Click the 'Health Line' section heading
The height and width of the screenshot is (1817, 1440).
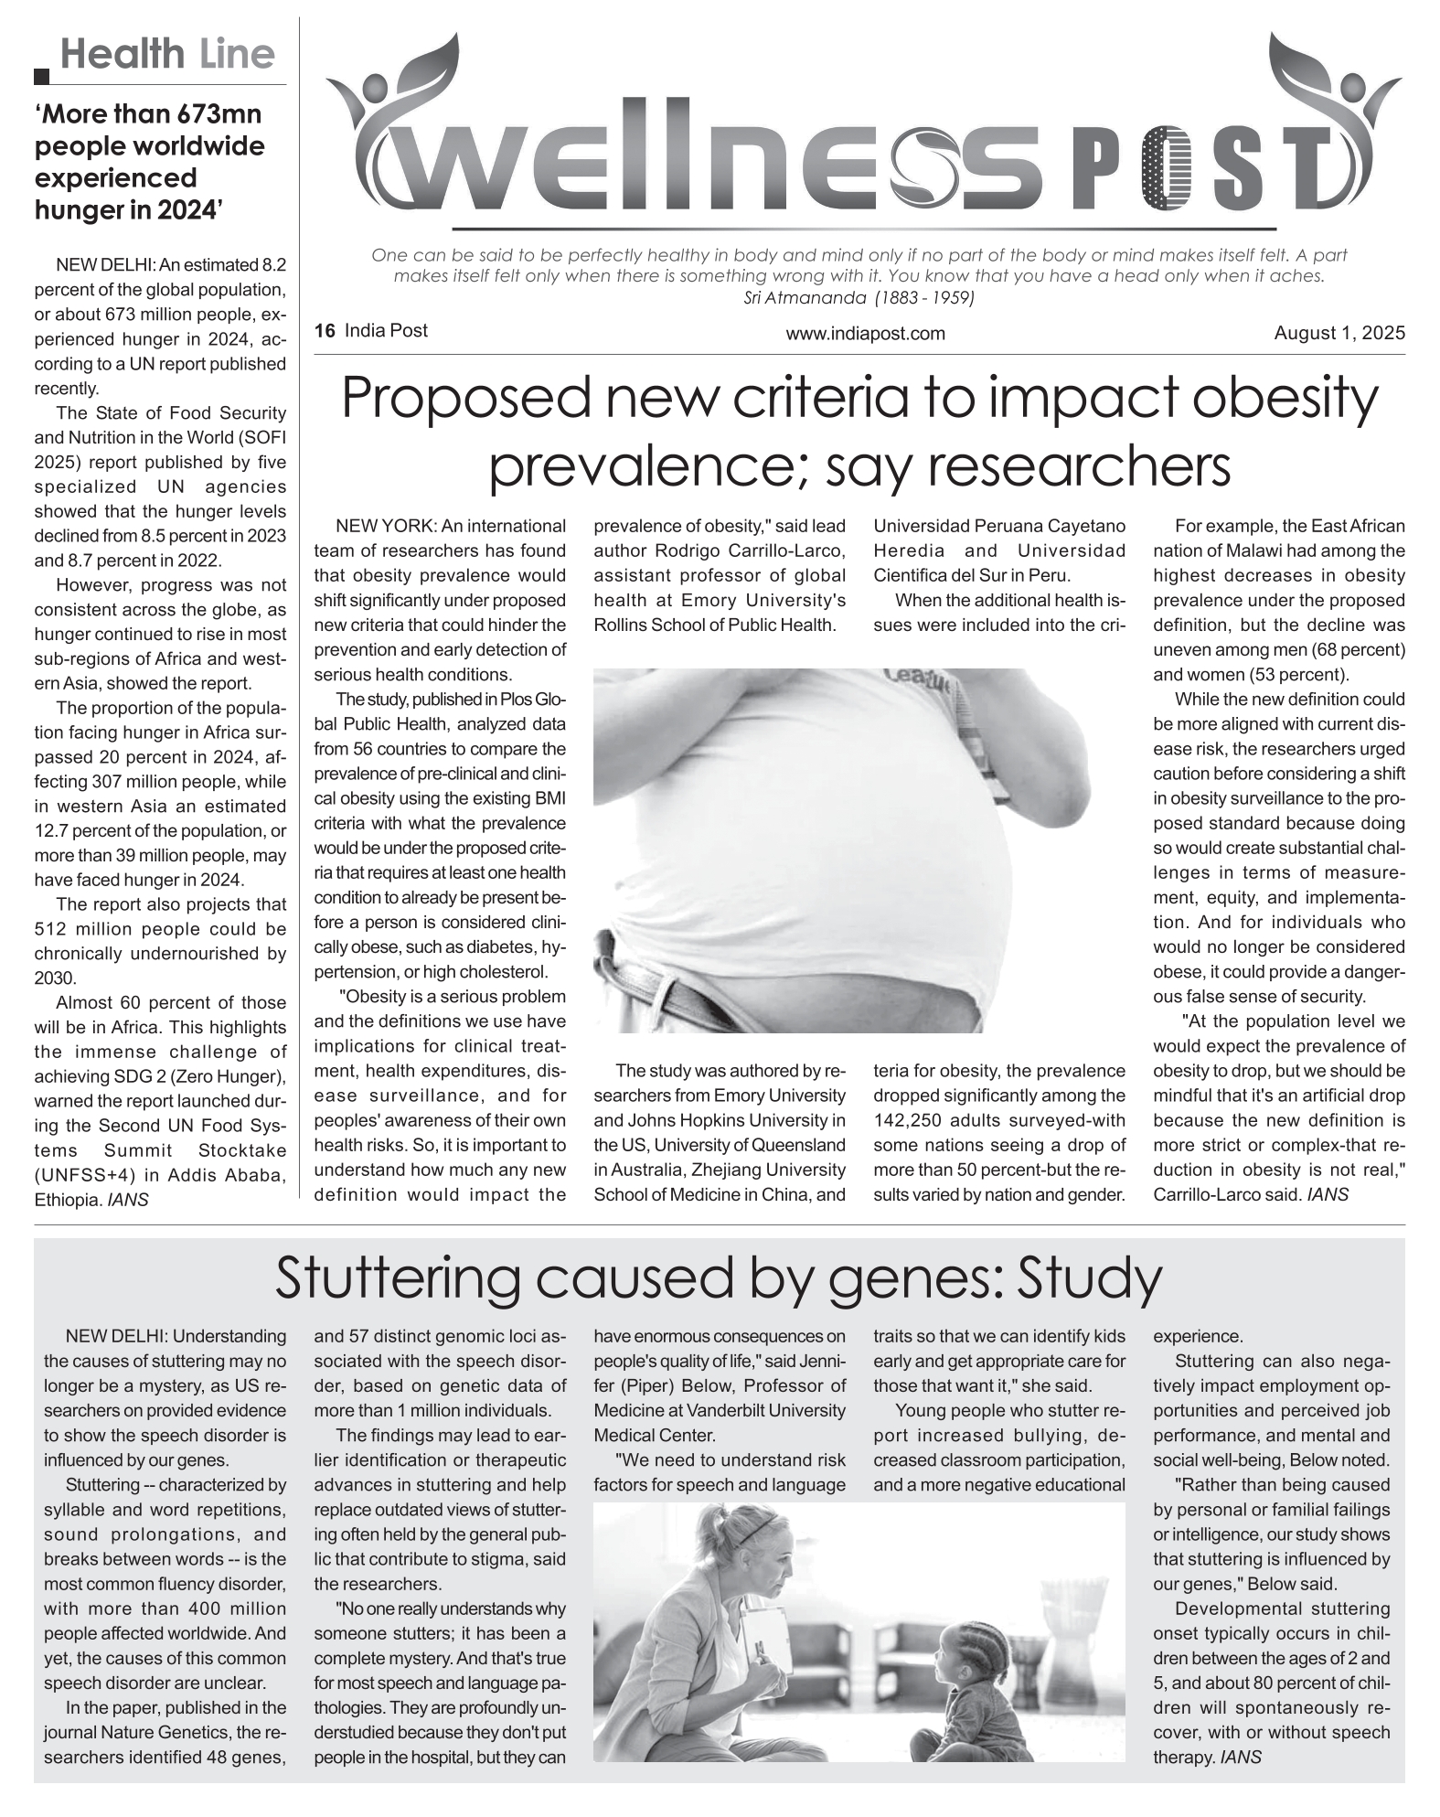point(167,55)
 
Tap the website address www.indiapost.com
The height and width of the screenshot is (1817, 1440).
point(865,334)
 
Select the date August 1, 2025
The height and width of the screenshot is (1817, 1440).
point(1339,333)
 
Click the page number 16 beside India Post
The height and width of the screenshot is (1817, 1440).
point(324,331)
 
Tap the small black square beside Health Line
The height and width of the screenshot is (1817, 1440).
point(41,77)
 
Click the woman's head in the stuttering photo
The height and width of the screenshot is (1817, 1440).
point(749,1557)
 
